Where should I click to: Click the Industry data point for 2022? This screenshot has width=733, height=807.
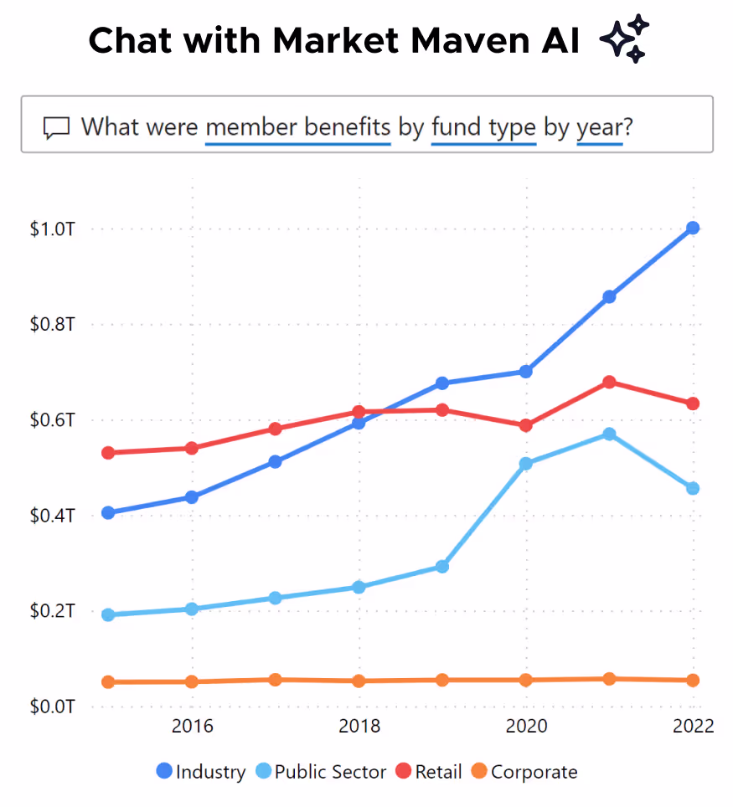(x=693, y=228)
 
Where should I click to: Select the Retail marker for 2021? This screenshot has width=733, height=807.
(x=609, y=382)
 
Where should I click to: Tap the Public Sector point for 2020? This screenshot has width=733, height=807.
(x=526, y=463)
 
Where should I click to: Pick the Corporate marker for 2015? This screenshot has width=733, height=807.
(x=108, y=682)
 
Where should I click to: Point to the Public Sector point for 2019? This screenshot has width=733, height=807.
(x=442, y=567)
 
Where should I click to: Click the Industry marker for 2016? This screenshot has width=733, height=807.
(x=192, y=497)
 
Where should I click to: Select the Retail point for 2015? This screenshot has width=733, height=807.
(x=108, y=453)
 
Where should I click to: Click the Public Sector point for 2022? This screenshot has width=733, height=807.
(x=693, y=488)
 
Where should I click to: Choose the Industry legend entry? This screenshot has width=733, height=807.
(x=201, y=772)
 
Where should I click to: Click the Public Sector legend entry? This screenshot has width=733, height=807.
(x=321, y=772)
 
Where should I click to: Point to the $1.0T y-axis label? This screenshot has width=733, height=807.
(x=53, y=229)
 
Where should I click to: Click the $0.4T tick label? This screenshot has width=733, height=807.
(x=53, y=516)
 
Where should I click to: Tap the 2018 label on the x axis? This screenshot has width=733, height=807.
(x=359, y=726)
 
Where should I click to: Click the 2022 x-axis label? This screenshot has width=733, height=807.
(x=693, y=726)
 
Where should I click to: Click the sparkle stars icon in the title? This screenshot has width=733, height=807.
(x=625, y=39)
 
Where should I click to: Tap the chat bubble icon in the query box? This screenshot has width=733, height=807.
(x=56, y=128)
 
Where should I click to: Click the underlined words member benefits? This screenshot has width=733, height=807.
(x=298, y=127)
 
